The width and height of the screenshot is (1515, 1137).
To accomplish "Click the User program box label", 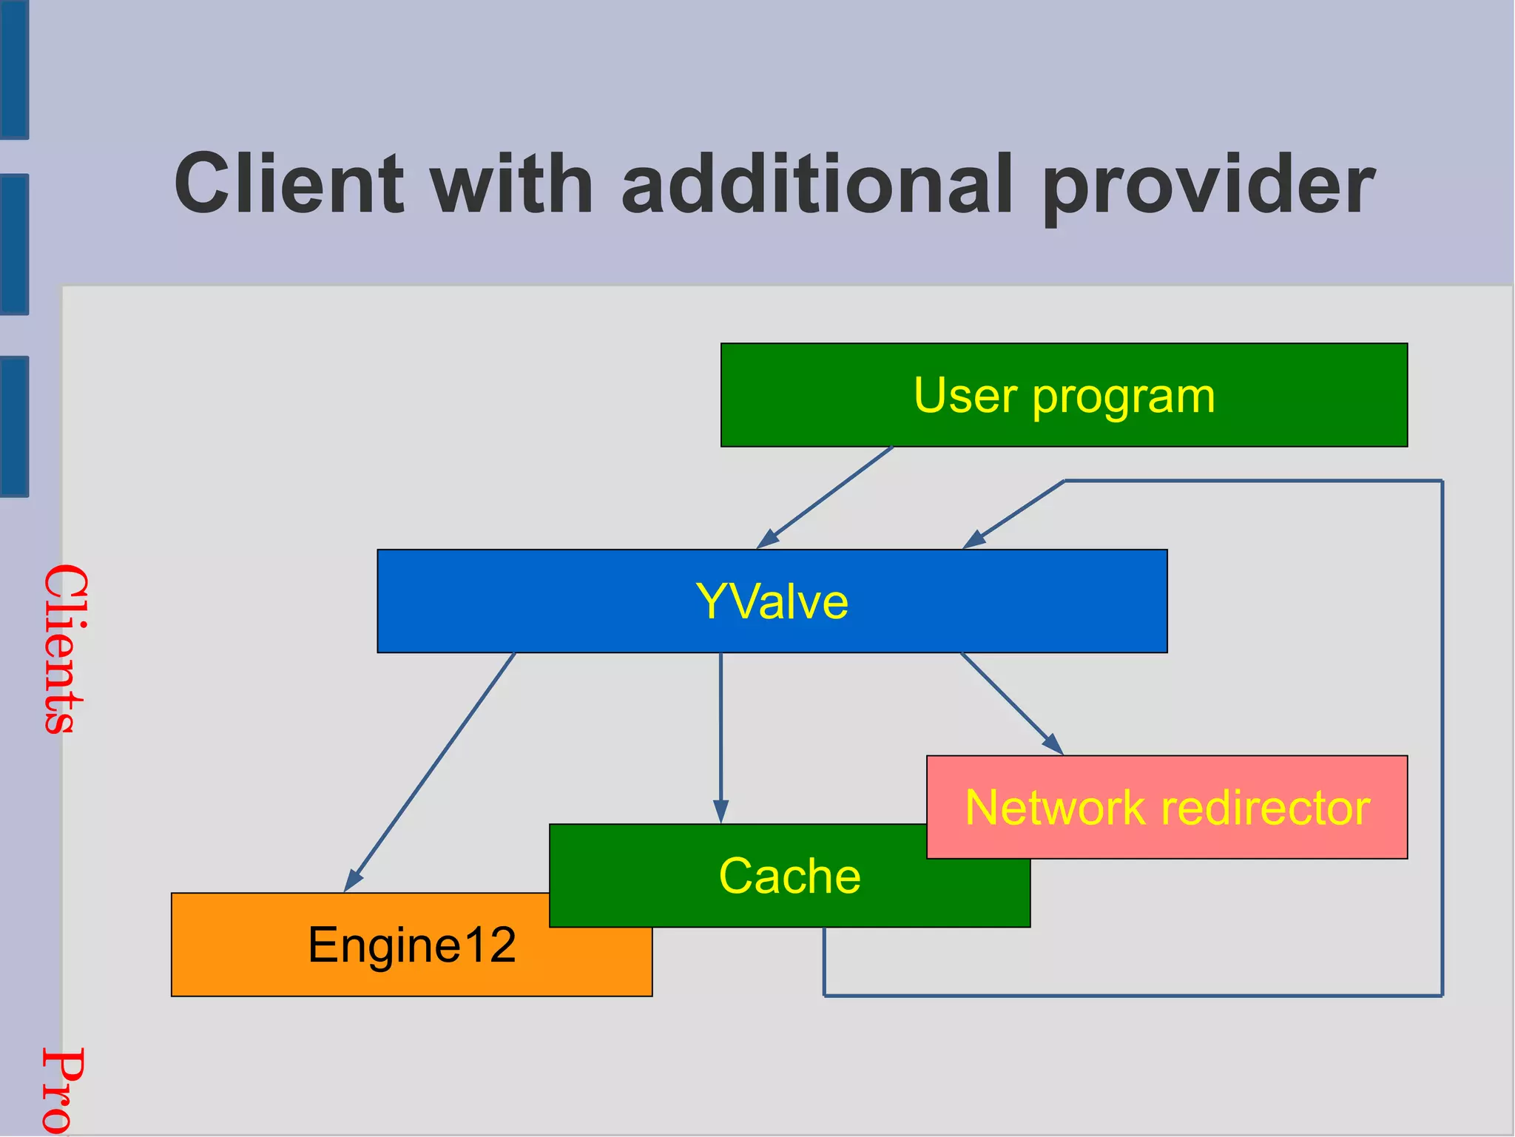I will pyautogui.click(x=1064, y=396).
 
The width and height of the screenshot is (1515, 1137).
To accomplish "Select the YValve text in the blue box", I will pyautogui.click(x=772, y=601).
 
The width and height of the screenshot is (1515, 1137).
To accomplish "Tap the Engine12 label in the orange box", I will pyautogui.click(x=411, y=945).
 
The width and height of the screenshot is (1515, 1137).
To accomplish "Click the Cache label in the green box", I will pyautogui.click(x=789, y=876).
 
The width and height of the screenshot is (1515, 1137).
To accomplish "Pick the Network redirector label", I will pyautogui.click(x=1167, y=807).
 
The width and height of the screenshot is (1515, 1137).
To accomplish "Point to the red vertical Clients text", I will pyautogui.click(x=65, y=649).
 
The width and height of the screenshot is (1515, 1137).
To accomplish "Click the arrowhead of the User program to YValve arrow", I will pyautogui.click(x=767, y=540).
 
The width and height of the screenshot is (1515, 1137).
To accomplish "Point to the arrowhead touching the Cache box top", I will pyautogui.click(x=721, y=812).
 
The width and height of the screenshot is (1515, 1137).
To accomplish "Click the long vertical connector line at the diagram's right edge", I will pyautogui.click(x=1442, y=740).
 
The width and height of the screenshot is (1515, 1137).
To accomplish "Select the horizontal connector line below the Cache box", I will pyautogui.click(x=1132, y=996).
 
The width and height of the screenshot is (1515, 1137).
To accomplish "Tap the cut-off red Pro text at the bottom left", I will pyautogui.click(x=62, y=1091).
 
